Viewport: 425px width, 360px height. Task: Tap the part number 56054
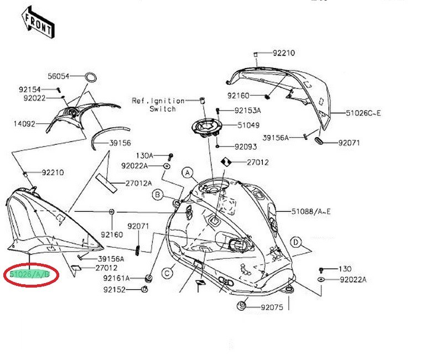click(x=58, y=76)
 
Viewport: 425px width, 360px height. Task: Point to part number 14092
click(x=24, y=124)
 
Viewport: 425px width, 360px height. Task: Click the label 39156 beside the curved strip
click(x=120, y=143)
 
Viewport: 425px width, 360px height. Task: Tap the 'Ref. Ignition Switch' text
click(x=158, y=105)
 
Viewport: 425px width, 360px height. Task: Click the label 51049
click(x=248, y=126)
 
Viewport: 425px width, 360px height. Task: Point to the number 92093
click(x=246, y=147)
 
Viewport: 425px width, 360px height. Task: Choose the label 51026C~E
click(x=364, y=113)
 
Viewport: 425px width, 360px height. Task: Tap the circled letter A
click(x=188, y=173)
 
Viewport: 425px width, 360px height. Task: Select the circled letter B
click(x=158, y=194)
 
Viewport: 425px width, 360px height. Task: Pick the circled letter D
click(x=297, y=242)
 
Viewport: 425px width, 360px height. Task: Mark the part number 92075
click(x=272, y=307)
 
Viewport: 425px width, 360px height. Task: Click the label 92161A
click(x=116, y=278)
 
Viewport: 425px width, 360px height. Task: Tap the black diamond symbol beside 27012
click(x=226, y=163)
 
